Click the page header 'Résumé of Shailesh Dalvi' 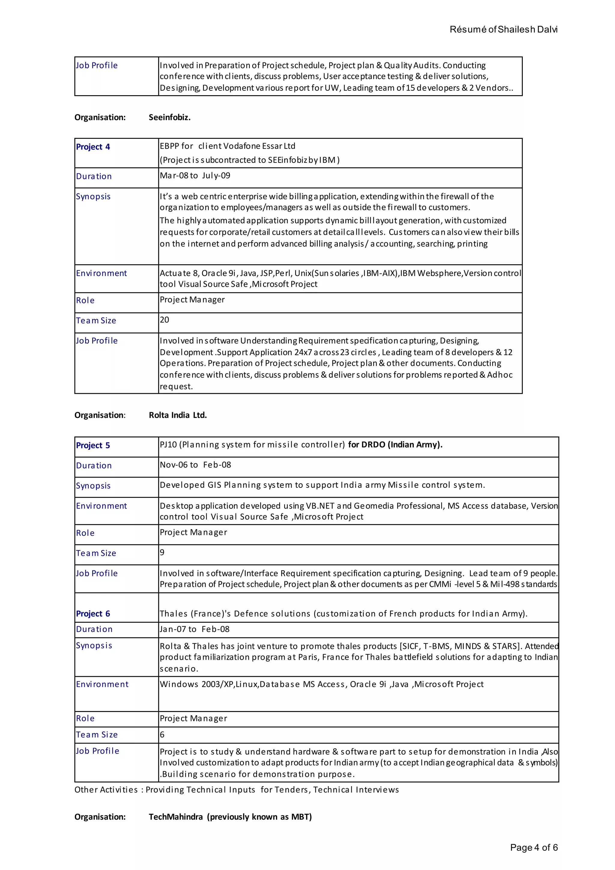point(503,29)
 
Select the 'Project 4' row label point(93,147)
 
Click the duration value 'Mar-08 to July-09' point(195,175)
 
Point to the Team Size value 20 point(164,320)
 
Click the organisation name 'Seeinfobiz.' point(169,117)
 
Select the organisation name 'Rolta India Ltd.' point(177,415)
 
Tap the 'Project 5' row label point(93,445)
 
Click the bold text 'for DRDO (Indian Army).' point(395,445)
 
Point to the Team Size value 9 point(162,552)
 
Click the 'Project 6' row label point(93,613)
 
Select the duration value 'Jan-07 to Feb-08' point(194,629)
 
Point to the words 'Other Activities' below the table point(106,790)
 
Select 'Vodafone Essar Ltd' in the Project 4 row point(259,146)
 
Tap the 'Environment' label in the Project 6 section point(102,684)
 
